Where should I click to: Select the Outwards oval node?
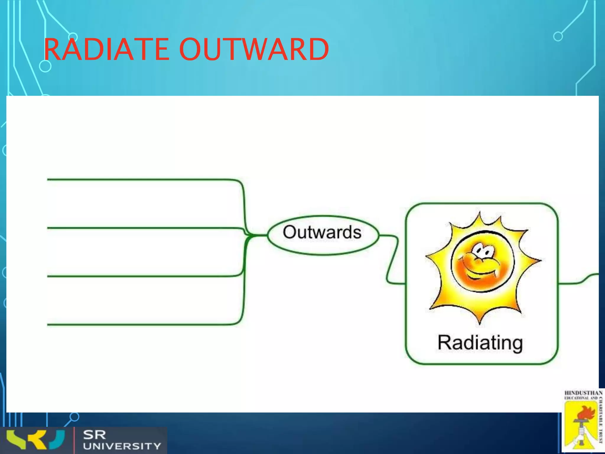(x=323, y=235)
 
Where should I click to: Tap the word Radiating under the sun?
(x=480, y=343)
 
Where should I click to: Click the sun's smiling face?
(x=482, y=262)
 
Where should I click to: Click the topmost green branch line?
(x=142, y=179)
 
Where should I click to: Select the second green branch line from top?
(x=142, y=228)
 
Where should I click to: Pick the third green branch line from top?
(x=142, y=276)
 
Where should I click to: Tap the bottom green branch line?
(x=142, y=325)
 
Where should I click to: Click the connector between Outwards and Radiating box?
(x=392, y=260)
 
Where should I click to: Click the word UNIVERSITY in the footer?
(x=122, y=446)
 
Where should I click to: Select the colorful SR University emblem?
(x=35, y=440)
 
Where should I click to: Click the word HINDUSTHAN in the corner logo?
(x=583, y=393)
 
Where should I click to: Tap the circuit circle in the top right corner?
(x=558, y=37)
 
